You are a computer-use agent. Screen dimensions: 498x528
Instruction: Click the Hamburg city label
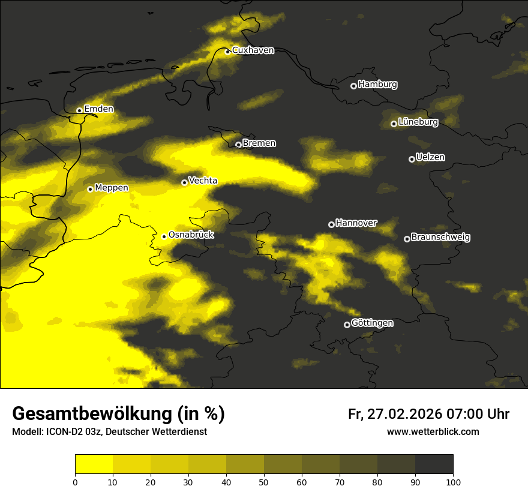(x=377, y=85)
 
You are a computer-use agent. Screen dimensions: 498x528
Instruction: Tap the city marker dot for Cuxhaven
(x=227, y=52)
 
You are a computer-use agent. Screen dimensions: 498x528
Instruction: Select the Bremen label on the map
(x=259, y=143)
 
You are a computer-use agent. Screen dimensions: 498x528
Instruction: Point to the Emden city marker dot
(x=79, y=110)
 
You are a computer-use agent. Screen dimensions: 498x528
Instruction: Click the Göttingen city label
(x=372, y=323)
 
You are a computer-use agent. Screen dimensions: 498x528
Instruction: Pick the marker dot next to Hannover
(x=331, y=224)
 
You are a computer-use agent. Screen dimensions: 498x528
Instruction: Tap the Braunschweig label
(x=440, y=238)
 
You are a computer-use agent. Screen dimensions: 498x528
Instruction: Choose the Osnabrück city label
(x=191, y=235)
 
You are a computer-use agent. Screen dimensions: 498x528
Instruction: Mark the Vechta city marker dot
(x=184, y=182)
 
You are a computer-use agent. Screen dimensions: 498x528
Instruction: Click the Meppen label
(x=112, y=188)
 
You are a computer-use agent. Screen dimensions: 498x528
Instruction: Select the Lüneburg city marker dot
(x=394, y=124)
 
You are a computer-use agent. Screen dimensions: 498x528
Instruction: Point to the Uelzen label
(x=430, y=158)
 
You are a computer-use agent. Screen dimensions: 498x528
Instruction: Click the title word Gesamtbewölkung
(x=92, y=414)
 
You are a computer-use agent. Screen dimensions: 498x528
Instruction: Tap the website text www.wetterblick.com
(x=433, y=432)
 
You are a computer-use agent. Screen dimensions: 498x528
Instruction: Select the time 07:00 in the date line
(x=464, y=414)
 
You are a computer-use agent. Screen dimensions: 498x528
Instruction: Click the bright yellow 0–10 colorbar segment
(x=94, y=464)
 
